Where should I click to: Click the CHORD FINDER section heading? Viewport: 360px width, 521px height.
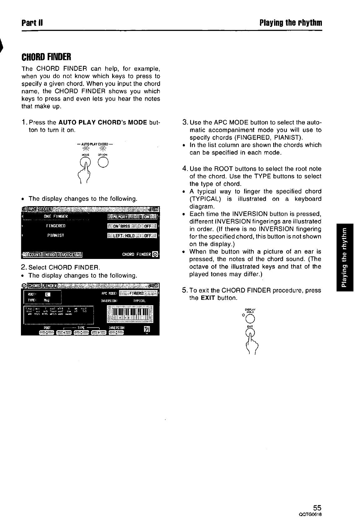46,57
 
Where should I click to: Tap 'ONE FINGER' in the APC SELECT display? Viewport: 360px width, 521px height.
56,216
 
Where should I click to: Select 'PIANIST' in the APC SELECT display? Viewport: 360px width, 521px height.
56,235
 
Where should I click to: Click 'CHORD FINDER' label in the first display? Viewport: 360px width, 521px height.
137,254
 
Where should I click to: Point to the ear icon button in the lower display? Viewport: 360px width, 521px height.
146,330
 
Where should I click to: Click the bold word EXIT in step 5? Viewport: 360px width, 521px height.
208,298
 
